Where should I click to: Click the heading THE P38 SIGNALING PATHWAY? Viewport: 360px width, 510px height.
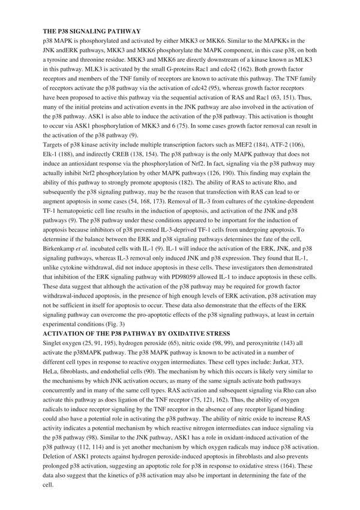click(91, 29)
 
